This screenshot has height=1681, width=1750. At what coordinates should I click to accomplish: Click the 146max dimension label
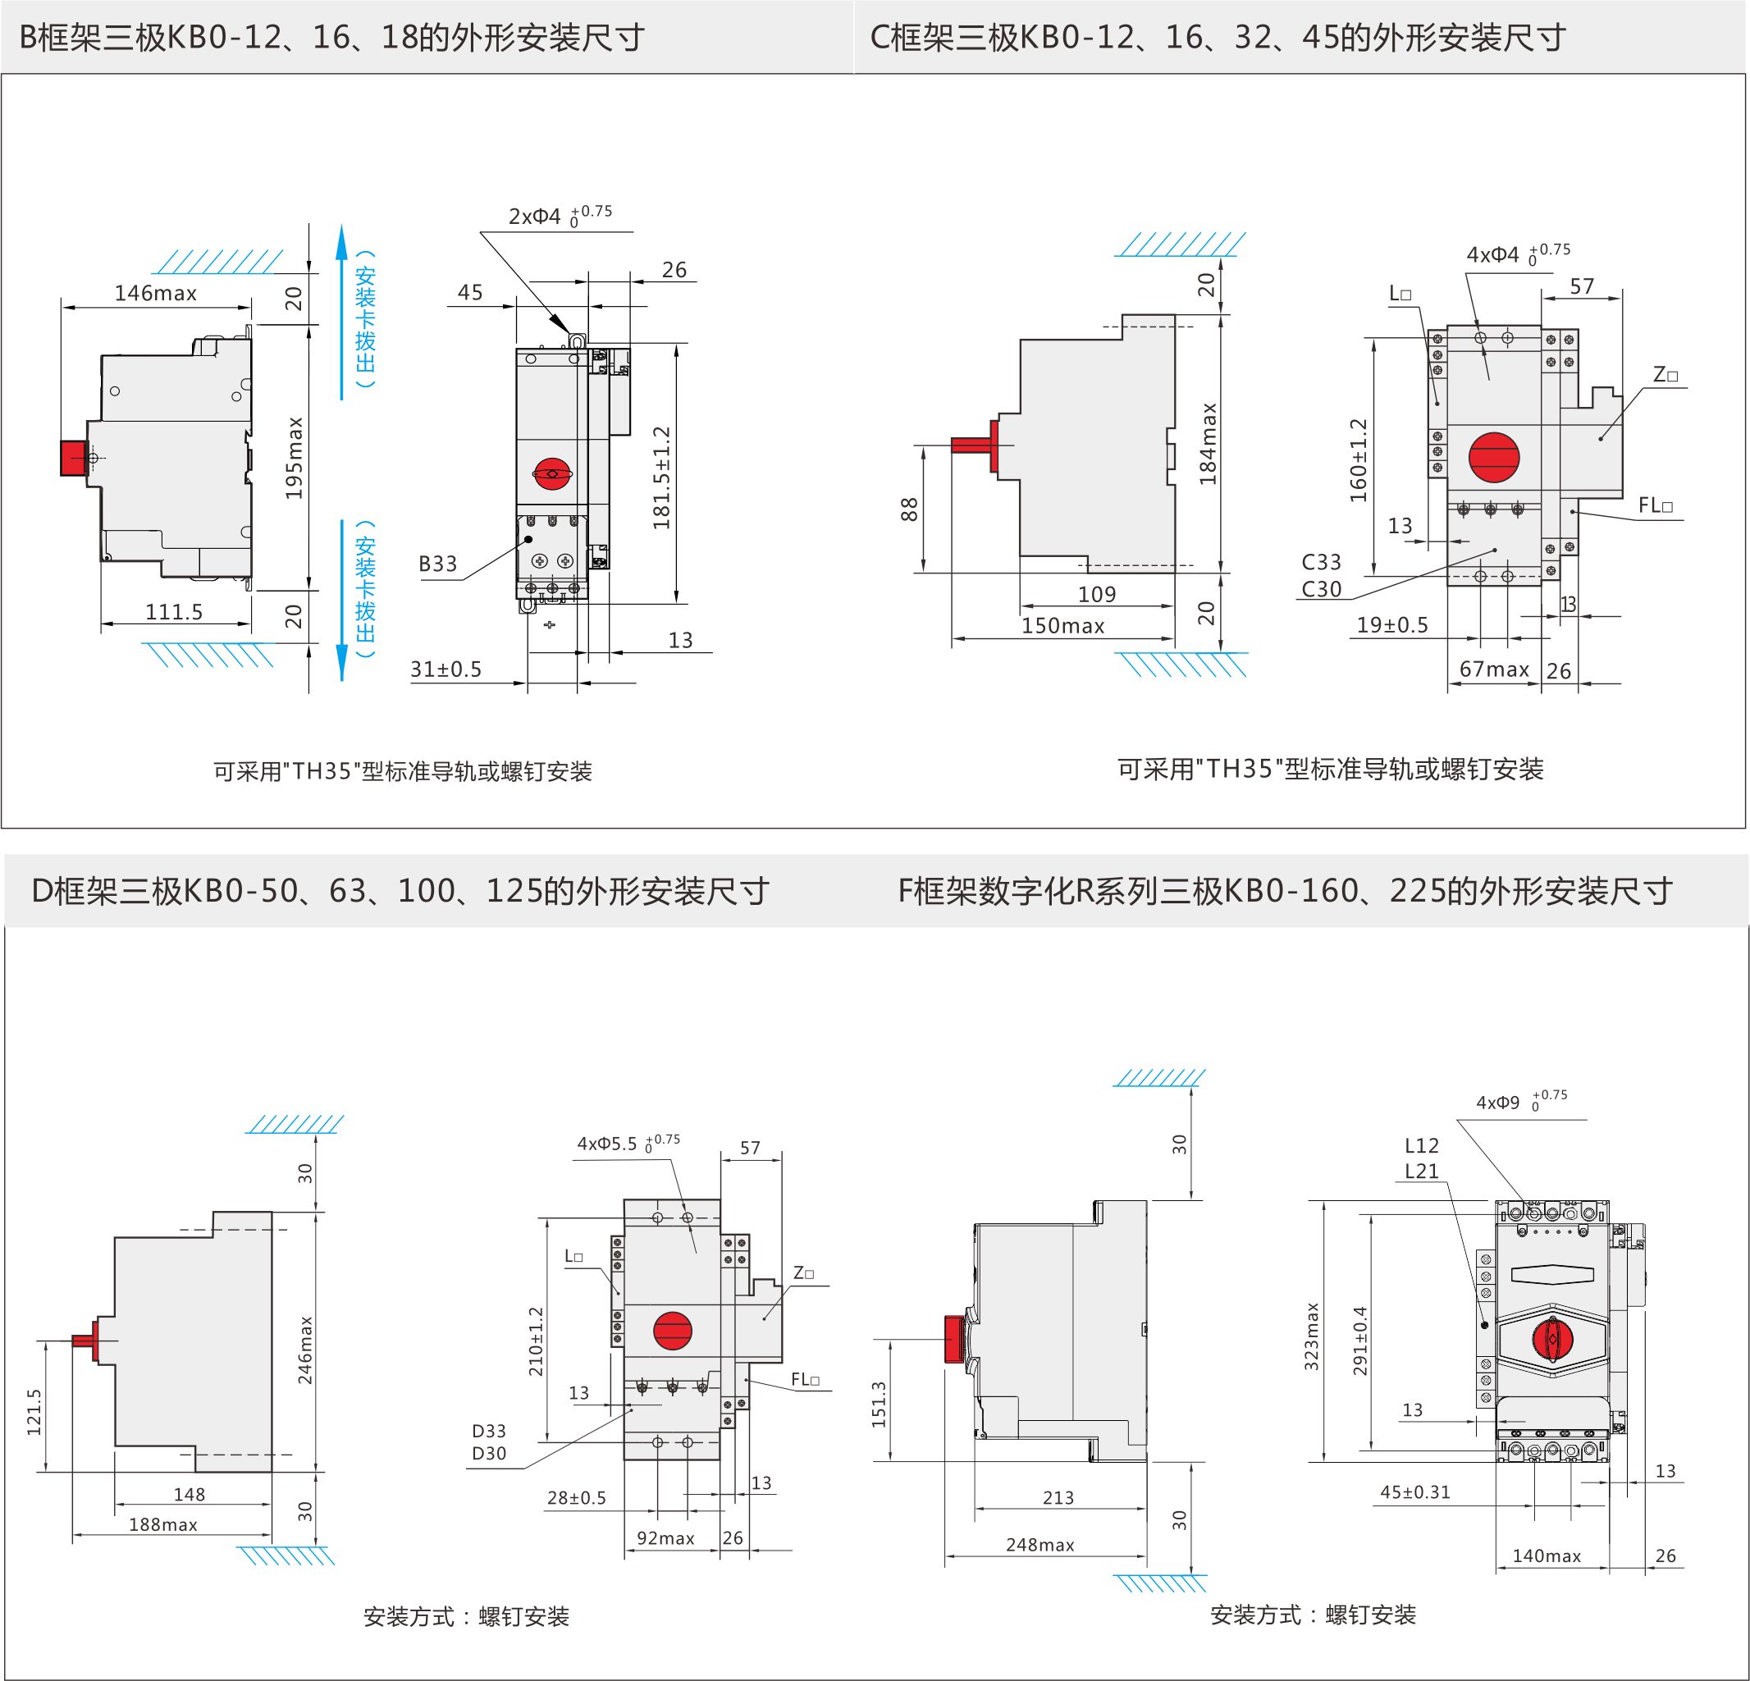pyautogui.click(x=155, y=293)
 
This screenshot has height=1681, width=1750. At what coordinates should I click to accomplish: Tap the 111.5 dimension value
pyautogui.click(x=174, y=611)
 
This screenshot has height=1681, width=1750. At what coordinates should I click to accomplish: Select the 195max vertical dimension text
pyautogui.click(x=294, y=458)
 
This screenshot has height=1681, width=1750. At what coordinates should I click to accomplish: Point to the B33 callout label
pyautogui.click(x=437, y=564)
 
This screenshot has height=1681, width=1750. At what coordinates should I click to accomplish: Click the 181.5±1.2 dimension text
pyautogui.click(x=660, y=477)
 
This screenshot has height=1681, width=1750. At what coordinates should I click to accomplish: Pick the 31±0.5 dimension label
pyautogui.click(x=445, y=669)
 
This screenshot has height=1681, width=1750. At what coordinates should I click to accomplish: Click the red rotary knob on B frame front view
pyautogui.click(x=552, y=473)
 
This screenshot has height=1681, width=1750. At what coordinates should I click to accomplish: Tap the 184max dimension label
pyautogui.click(x=1207, y=444)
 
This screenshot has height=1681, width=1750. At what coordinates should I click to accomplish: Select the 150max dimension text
pyautogui.click(x=1062, y=625)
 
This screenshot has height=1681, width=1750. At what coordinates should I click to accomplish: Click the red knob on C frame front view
pyautogui.click(x=1494, y=457)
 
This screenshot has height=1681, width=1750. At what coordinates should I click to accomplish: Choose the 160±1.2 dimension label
pyautogui.click(x=1358, y=459)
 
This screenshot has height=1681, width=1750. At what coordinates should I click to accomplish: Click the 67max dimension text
pyautogui.click(x=1494, y=669)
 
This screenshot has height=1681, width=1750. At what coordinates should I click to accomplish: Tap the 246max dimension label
pyautogui.click(x=305, y=1350)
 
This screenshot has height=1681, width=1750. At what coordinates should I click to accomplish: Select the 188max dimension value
pyautogui.click(x=162, y=1523)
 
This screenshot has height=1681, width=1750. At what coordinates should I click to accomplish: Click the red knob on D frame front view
pyautogui.click(x=672, y=1330)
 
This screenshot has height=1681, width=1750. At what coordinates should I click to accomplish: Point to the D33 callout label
pyautogui.click(x=488, y=1430)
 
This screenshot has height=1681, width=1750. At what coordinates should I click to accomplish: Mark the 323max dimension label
pyautogui.click(x=1311, y=1336)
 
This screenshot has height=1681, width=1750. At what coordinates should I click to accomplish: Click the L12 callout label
pyautogui.click(x=1422, y=1145)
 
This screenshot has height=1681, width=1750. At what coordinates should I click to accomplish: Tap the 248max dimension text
pyautogui.click(x=1039, y=1545)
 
